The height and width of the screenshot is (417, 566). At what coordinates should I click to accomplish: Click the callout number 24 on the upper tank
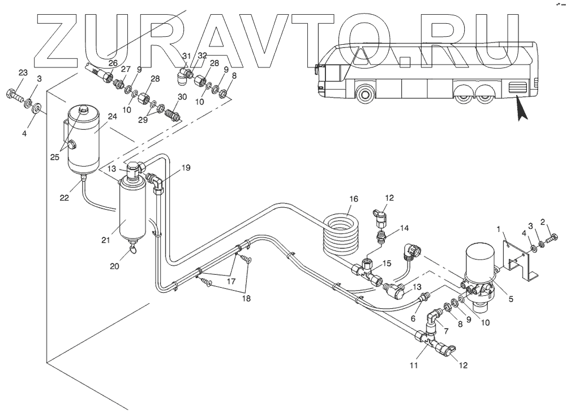click(112, 117)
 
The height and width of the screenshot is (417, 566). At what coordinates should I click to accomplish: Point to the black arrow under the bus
click(521, 110)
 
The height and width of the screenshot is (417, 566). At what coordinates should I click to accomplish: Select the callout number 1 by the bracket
click(499, 229)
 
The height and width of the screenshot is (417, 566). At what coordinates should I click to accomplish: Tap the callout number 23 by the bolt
click(23, 73)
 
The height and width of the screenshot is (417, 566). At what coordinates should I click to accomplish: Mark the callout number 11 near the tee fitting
click(414, 365)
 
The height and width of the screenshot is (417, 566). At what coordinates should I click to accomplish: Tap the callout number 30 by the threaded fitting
click(182, 97)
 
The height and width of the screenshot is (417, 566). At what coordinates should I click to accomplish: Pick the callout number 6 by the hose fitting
click(413, 318)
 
